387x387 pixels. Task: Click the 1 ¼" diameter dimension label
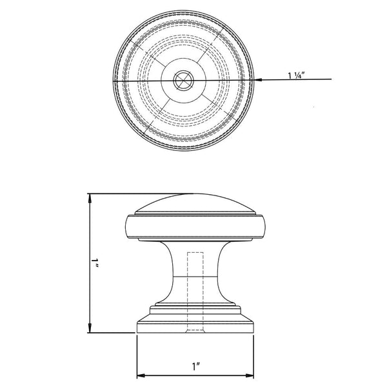[x=297, y=75]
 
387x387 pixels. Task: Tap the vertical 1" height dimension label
[x=95, y=263]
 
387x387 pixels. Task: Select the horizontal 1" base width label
[x=195, y=366]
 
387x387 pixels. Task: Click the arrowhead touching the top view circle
[x=257, y=80]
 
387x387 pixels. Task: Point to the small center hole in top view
[x=183, y=80]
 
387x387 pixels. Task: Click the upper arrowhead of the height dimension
[x=90, y=198]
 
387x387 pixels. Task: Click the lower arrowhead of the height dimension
[x=90, y=328]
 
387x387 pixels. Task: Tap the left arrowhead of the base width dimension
[x=141, y=375]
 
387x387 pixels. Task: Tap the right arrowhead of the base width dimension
[x=250, y=375]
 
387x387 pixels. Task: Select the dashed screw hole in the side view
[x=195, y=292]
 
